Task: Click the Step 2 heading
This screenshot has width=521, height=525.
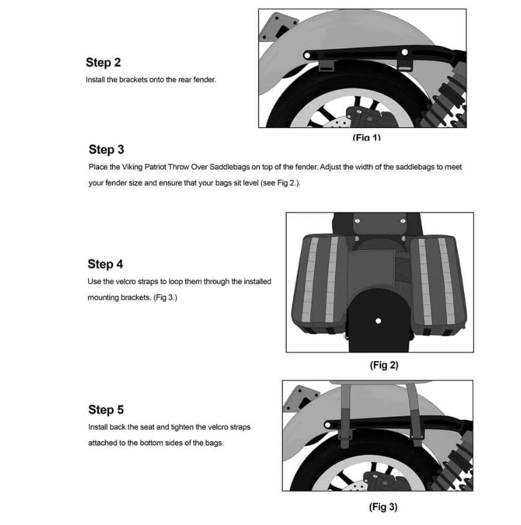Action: tap(103, 63)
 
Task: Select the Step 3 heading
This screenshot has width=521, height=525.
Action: tap(106, 149)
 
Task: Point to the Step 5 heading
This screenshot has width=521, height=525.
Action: tap(106, 410)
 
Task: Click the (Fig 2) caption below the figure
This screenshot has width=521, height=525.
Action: tap(383, 365)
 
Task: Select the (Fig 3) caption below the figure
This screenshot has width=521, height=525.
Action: tap(383, 507)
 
